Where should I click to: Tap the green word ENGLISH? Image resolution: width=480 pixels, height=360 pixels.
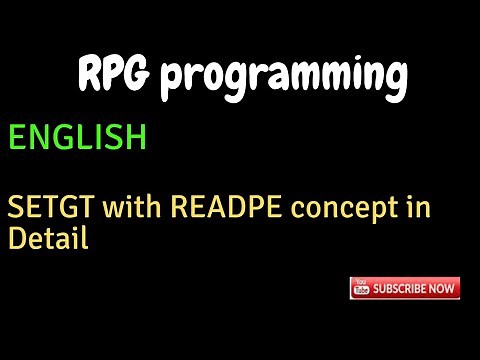tap(78, 137)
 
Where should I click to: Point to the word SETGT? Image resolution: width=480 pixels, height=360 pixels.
tap(40, 210)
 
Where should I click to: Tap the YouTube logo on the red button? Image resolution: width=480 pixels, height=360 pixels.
tap(363, 289)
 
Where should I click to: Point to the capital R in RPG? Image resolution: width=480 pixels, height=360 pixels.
tap(89, 77)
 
